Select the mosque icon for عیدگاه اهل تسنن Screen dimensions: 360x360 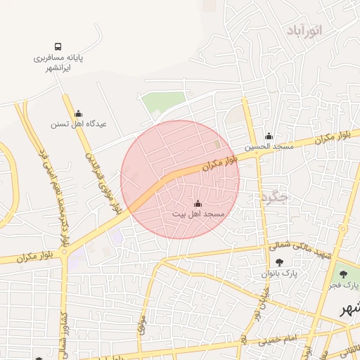(x=78, y=113)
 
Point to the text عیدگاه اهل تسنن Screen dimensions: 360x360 (x=78, y=124)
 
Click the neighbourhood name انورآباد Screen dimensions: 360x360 (x=304, y=30)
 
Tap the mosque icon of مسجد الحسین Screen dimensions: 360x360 (x=268, y=136)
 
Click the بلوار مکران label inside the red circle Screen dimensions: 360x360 (x=221, y=164)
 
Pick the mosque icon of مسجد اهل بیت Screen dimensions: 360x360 (x=197, y=204)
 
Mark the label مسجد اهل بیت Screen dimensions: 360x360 (x=198, y=213)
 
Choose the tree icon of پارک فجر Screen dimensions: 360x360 (x=343, y=275)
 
